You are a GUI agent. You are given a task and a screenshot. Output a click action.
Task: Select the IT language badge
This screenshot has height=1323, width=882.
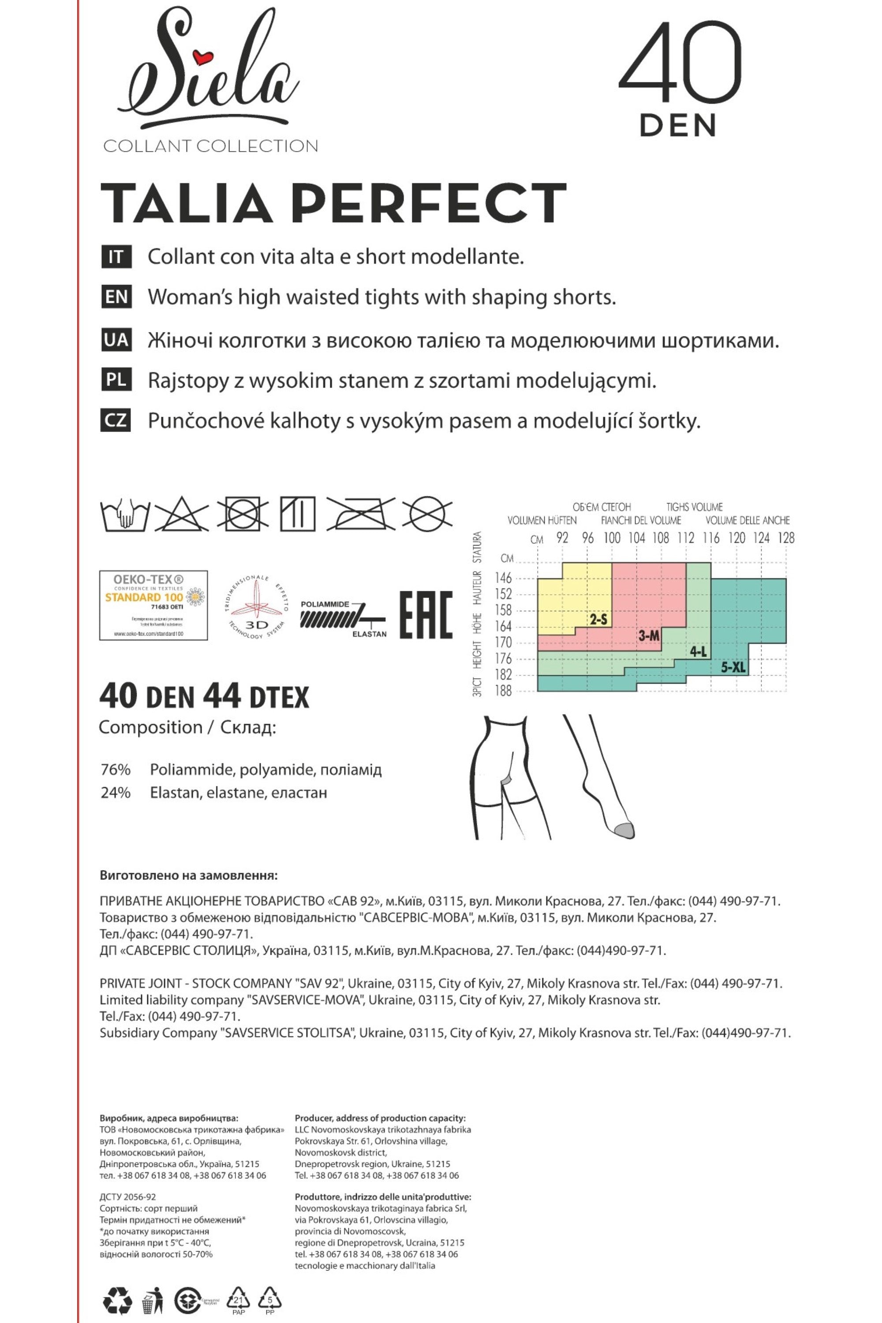coord(116,257)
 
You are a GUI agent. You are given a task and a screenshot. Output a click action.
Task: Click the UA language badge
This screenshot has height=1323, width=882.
coord(116,341)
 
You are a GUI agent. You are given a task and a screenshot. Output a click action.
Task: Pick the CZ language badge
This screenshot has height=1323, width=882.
coord(116,420)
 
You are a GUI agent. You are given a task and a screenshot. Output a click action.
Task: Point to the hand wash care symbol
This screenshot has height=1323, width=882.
coord(125,515)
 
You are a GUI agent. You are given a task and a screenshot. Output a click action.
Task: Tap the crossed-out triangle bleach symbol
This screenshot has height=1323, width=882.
coord(182,514)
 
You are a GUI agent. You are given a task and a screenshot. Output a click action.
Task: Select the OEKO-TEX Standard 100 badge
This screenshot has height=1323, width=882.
coord(153,605)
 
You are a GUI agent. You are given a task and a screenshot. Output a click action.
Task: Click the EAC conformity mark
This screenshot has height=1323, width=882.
coord(426,615)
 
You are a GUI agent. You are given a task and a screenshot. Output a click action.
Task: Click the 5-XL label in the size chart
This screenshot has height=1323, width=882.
coord(733,668)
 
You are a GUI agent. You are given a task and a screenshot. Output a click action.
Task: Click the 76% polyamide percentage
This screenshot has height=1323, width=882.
coord(116,770)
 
